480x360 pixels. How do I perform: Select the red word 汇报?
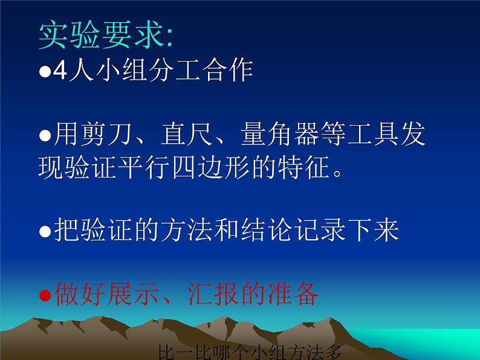click(221, 295)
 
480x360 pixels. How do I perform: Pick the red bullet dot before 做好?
click(45, 297)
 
